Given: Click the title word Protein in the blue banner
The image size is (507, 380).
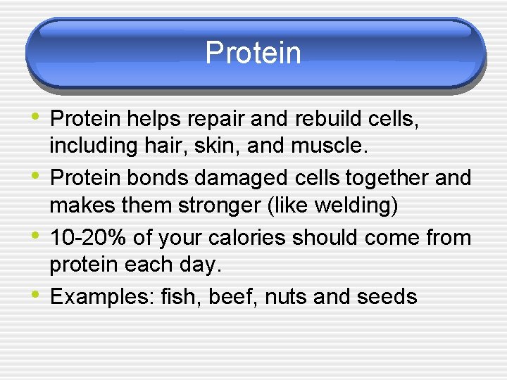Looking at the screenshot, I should point(253,53).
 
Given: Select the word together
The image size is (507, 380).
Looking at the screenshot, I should point(386,178).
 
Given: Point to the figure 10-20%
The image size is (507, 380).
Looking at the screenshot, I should point(88,238).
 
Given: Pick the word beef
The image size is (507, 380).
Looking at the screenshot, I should point(232,297).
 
